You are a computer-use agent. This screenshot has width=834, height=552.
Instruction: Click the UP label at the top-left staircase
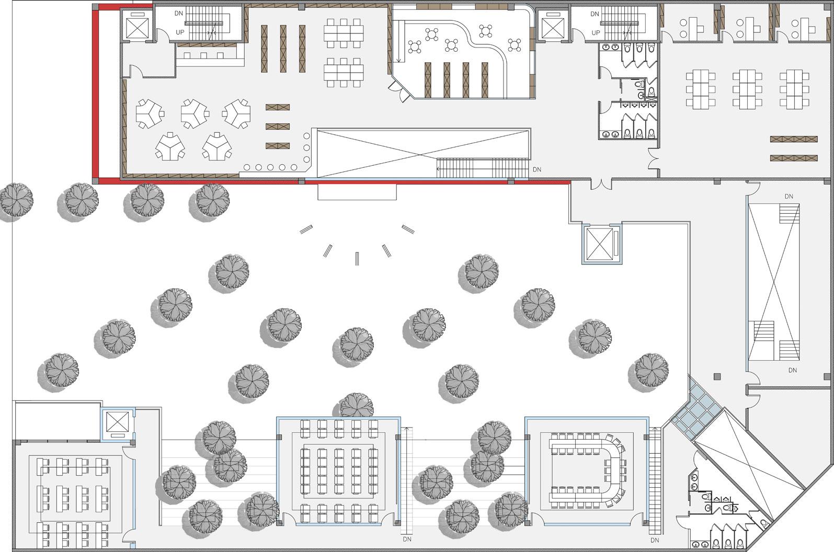pyautogui.click(x=180, y=32)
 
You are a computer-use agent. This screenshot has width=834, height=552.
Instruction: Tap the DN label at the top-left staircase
pyautogui.click(x=179, y=14)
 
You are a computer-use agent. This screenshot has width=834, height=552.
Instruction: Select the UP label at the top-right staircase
pyautogui.click(x=596, y=32)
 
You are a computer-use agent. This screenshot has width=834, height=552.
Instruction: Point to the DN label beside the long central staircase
pyautogui.click(x=537, y=170)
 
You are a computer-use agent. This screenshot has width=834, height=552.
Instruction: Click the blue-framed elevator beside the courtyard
pyautogui.click(x=601, y=244)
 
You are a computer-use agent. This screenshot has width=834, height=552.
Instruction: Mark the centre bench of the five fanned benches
pyautogui.click(x=357, y=258)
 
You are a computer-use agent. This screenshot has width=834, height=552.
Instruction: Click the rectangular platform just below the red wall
pyautogui.click(x=357, y=192)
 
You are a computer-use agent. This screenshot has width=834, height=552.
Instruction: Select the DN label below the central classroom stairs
pyautogui.click(x=407, y=539)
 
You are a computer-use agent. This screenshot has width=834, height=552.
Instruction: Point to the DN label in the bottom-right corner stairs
pyautogui.click(x=655, y=540)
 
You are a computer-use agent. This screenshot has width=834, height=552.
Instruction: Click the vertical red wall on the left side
pyautogui.click(x=96, y=94)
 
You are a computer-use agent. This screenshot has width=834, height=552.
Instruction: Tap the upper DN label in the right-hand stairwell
pyautogui.click(x=789, y=197)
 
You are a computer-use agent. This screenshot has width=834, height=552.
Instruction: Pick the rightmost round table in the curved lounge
pyautogui.click(x=515, y=45)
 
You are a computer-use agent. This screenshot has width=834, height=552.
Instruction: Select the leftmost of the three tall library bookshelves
pyautogui.click(x=265, y=49)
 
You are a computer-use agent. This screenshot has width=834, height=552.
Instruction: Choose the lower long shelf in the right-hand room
pyautogui.click(x=793, y=158)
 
